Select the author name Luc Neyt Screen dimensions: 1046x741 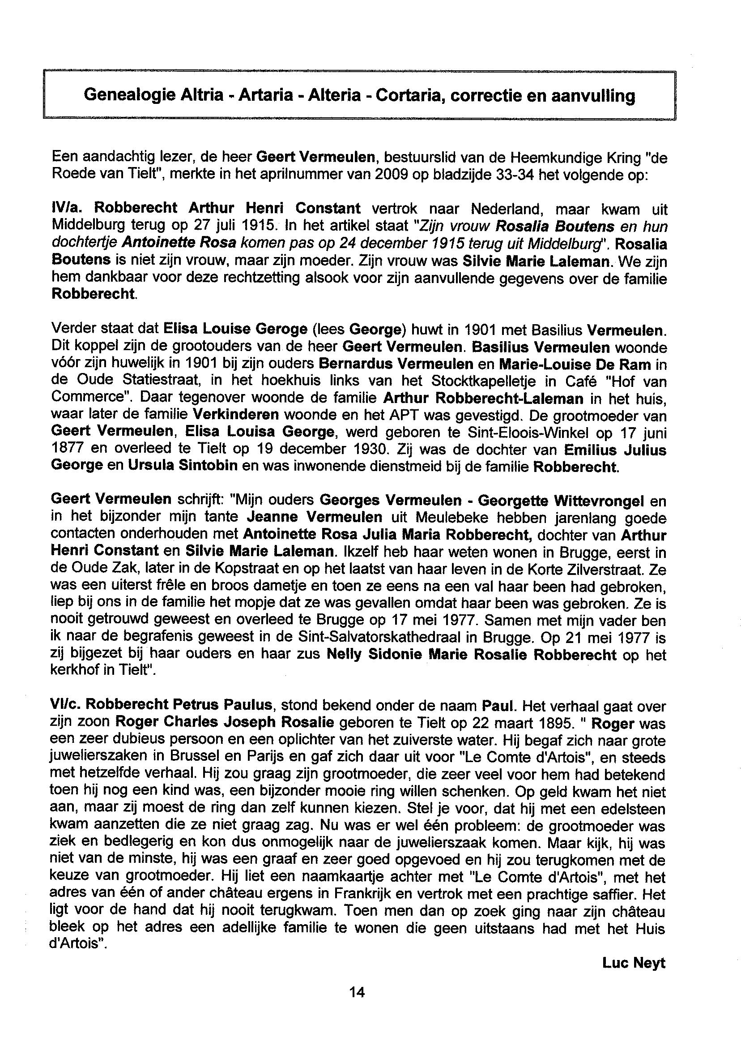[x=634, y=963]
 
